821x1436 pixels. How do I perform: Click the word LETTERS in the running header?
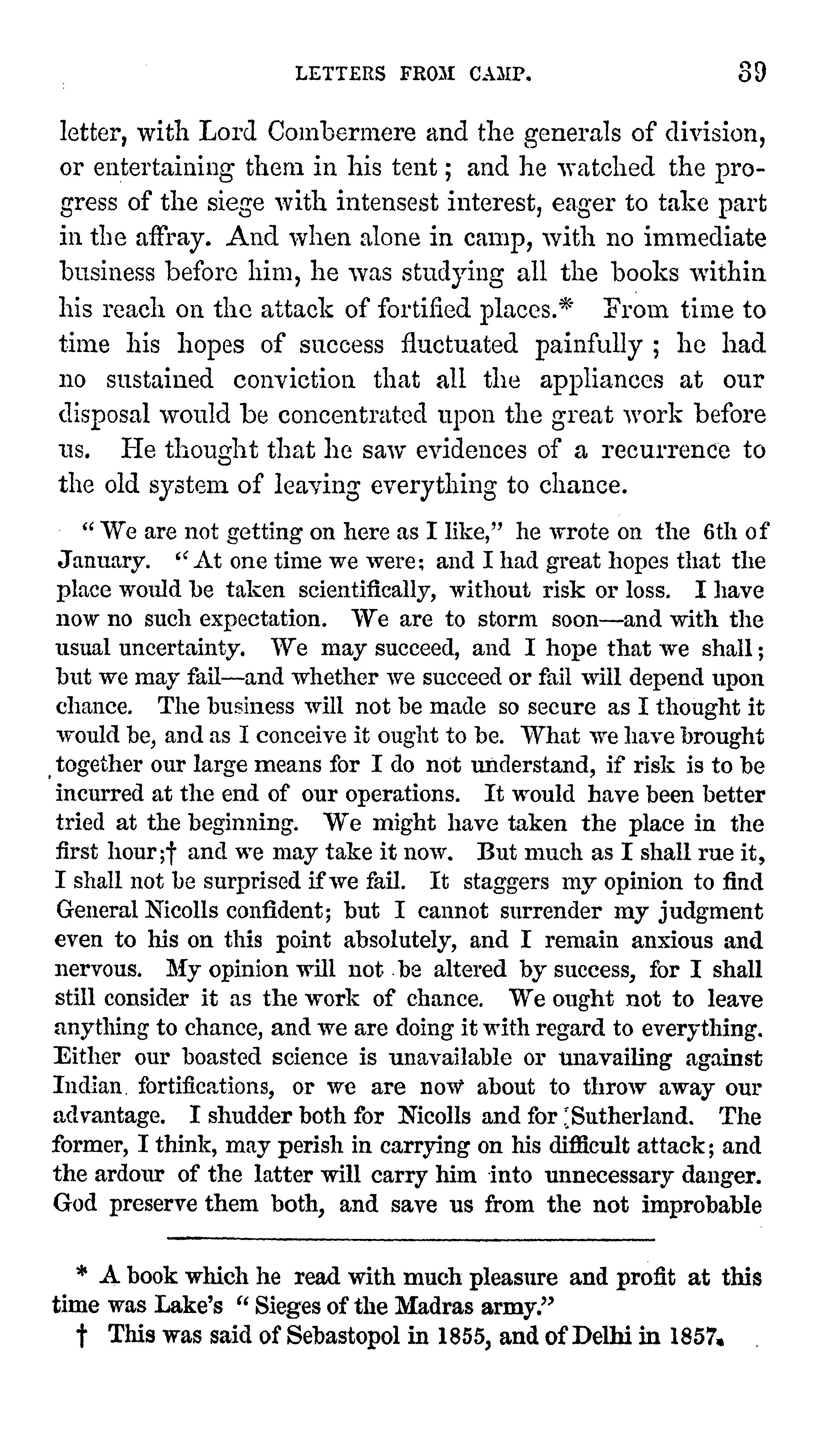[x=341, y=73]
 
